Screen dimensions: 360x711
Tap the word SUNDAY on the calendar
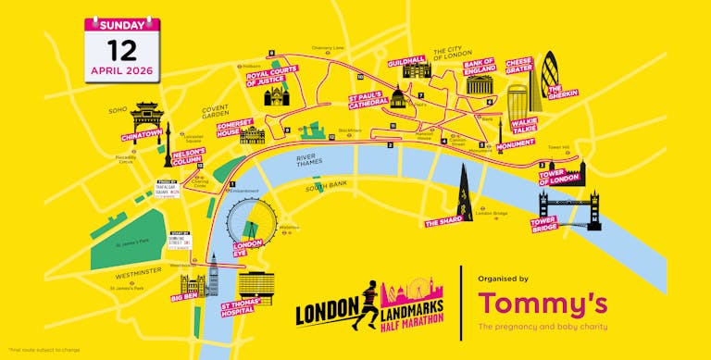pos(121,24)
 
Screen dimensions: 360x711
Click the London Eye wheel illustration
pos(248,217)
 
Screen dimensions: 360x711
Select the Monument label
pos(516,145)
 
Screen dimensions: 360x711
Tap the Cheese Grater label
pos(520,65)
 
